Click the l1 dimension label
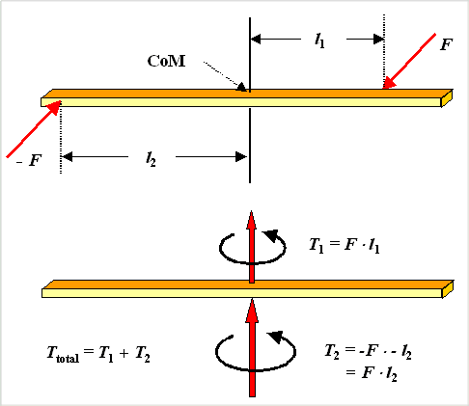[319, 40]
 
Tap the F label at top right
[444, 44]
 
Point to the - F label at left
[29, 159]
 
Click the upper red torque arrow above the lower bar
[251, 245]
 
